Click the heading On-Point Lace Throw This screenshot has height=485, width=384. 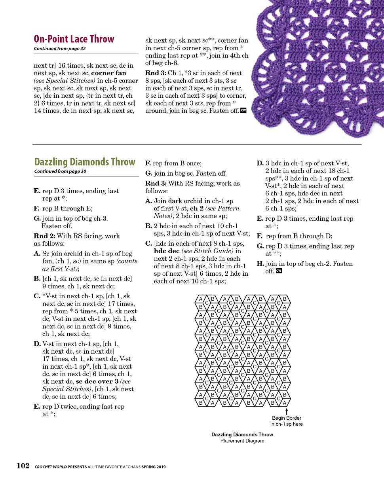74,39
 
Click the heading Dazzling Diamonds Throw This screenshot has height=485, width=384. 85,162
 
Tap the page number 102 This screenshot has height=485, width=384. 23,466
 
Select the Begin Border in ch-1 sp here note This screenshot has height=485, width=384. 286,421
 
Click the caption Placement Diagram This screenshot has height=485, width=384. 242,441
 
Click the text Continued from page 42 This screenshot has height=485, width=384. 59,49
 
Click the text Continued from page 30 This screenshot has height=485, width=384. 60,171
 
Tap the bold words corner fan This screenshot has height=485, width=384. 109,73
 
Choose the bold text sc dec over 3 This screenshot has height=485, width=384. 97,382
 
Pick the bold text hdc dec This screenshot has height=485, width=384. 166,251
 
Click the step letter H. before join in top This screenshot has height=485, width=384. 260,264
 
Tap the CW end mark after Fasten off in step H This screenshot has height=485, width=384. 279,271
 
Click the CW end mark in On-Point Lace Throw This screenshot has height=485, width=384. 243,111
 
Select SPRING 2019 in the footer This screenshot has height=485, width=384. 154,467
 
